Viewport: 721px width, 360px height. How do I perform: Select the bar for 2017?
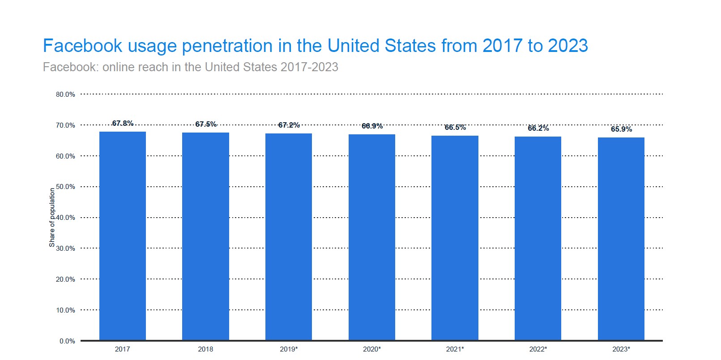pos(122,236)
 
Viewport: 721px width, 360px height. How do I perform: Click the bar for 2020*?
pos(371,237)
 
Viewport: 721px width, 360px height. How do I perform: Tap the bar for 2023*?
pos(621,239)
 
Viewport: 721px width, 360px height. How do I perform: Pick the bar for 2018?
pos(205,236)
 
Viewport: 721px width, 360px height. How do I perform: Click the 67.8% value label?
pos(123,123)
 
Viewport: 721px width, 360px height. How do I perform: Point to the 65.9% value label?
pos(621,129)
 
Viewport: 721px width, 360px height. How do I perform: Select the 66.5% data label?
pos(455,127)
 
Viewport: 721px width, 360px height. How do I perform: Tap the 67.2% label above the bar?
pos(289,125)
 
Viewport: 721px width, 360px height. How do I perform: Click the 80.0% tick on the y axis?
pos(65,94)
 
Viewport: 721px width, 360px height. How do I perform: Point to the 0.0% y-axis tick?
pos(67,341)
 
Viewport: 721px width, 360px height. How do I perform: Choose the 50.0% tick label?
pos(65,187)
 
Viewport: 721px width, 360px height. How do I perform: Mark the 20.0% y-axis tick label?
pos(65,279)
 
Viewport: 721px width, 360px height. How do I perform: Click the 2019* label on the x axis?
pos(289,349)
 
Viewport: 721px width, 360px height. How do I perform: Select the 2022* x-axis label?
pos(538,349)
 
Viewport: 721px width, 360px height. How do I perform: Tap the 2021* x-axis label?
pos(455,349)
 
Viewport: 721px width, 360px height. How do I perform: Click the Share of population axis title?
pos(52,218)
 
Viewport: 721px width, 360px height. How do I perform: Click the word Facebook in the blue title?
pos(82,46)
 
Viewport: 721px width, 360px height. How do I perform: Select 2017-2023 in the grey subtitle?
pos(309,67)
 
